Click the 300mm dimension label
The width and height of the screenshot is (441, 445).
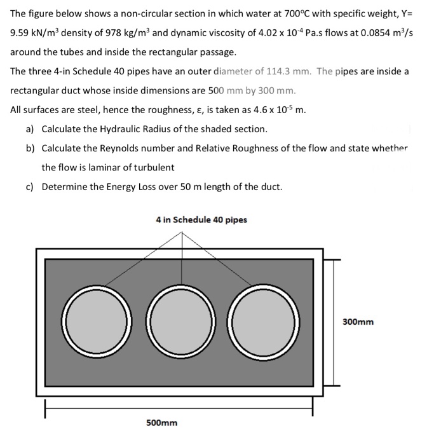(358, 322)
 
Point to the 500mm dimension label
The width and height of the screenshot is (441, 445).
(161, 423)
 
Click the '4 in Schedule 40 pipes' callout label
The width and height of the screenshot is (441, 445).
(201, 220)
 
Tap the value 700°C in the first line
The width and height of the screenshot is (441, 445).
(262, 13)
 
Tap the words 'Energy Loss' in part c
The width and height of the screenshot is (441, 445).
(119, 186)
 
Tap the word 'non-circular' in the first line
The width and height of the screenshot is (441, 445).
(125, 13)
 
